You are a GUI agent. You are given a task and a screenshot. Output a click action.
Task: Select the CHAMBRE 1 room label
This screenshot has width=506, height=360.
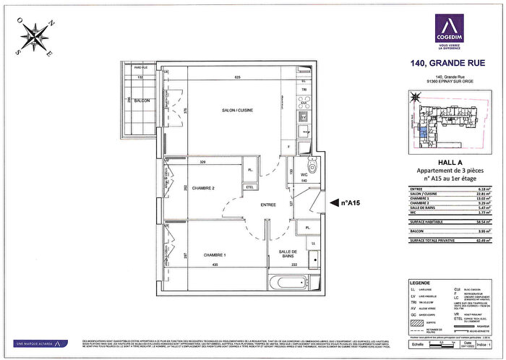[x=215, y=255]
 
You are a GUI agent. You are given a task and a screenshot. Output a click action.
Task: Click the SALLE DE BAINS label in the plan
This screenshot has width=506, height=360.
[x=288, y=254]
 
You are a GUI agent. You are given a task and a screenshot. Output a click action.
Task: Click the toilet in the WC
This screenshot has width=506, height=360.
[x=312, y=163]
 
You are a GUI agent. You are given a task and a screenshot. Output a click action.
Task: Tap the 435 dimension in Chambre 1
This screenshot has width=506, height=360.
[x=215, y=265]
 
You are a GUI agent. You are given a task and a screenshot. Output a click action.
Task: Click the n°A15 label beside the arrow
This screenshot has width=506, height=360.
[x=351, y=204]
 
